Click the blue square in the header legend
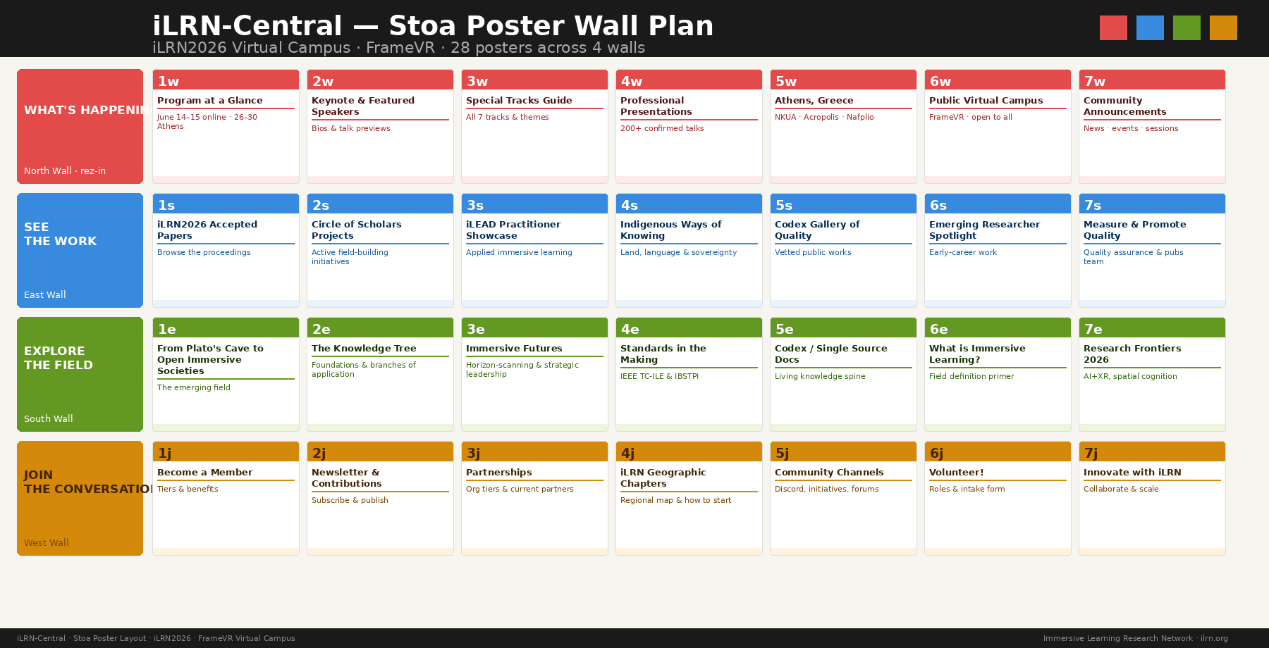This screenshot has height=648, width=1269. tap(1150, 28)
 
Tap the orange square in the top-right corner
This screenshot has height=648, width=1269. tap(1223, 28)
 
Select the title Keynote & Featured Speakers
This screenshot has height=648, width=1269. tap(362, 106)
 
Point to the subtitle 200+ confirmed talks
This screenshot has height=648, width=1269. tap(661, 128)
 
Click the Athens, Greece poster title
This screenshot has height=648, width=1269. tap(814, 101)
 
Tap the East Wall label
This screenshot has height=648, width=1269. tap(44, 295)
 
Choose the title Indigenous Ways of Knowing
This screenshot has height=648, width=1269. tap(670, 230)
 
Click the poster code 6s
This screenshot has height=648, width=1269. tap(938, 206)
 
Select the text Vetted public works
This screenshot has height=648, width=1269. tap(812, 252)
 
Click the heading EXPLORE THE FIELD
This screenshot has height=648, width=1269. tap(58, 358)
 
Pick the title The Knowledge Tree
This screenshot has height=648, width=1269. tap(363, 349)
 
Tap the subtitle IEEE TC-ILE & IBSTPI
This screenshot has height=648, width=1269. tap(658, 376)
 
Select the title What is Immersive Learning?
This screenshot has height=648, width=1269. tap(976, 354)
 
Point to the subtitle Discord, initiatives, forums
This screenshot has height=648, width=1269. tap(826, 489)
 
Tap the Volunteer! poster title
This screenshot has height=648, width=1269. tap(956, 473)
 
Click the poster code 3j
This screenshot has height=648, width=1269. tap(473, 454)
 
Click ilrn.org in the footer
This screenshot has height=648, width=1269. tap(1213, 639)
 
